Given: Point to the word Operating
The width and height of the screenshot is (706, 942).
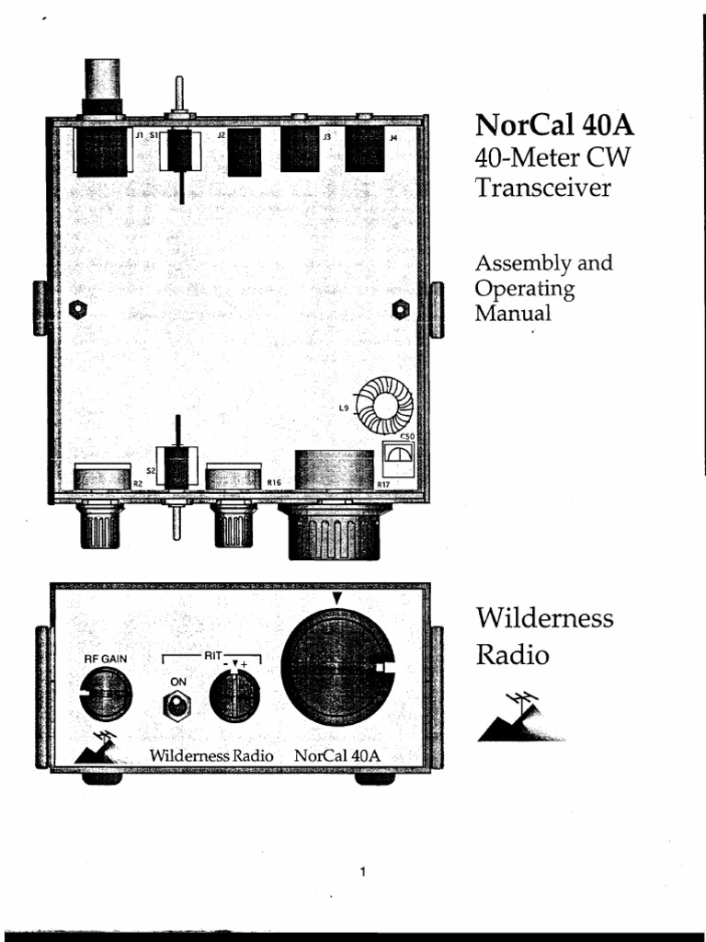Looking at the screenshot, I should (x=524, y=288).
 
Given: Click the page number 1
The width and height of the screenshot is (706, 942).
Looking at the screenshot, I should (x=365, y=871).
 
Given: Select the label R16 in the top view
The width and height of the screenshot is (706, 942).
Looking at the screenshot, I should (x=273, y=481).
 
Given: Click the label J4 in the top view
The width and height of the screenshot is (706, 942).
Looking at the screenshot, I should (x=393, y=138).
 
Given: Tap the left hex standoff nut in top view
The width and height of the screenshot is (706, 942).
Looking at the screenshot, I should (x=79, y=307).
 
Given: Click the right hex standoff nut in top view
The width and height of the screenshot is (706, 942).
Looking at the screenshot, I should (x=400, y=307).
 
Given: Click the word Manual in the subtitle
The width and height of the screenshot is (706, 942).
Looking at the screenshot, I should (x=512, y=313).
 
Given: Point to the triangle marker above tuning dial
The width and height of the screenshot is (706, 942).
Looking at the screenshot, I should (x=337, y=599).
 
